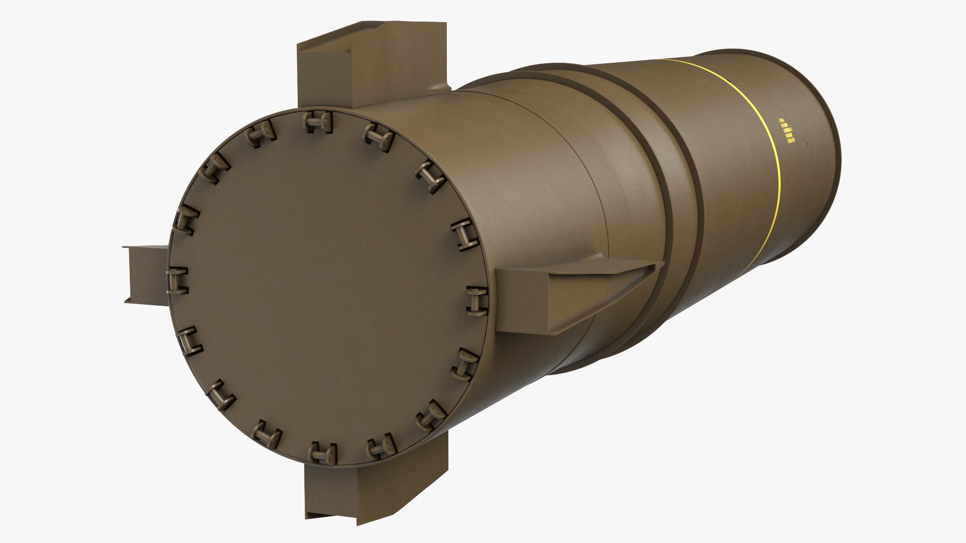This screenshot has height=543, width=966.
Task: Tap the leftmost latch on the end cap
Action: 177,280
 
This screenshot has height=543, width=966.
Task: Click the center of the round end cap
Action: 327,287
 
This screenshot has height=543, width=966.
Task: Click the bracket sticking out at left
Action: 146,274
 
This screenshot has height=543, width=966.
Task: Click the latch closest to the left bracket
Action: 177,280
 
